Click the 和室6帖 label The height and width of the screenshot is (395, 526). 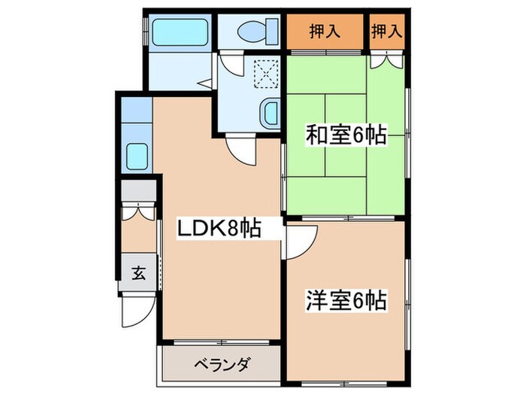[346, 136]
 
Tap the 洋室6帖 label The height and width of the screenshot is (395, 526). [346, 302]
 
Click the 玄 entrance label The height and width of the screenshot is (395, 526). [139, 273]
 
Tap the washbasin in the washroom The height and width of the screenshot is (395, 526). [269, 113]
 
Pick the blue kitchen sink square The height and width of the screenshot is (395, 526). [138, 157]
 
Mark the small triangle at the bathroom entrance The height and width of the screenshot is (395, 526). [204, 83]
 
